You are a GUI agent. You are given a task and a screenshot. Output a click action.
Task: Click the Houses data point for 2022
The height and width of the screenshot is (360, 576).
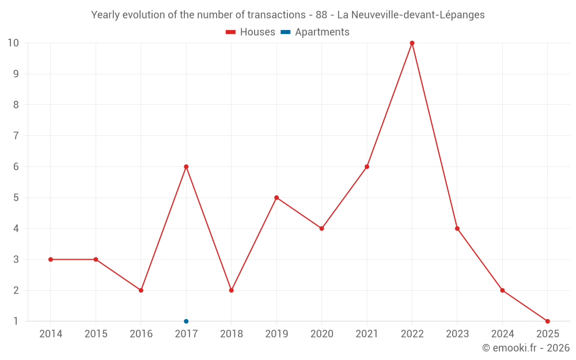click(412, 43)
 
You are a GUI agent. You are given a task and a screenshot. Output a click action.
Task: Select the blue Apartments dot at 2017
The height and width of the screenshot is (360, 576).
click(186, 321)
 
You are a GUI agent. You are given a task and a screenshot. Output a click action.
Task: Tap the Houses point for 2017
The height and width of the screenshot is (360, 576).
click(186, 166)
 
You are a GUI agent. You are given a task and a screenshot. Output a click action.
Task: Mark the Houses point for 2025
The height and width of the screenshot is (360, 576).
click(547, 321)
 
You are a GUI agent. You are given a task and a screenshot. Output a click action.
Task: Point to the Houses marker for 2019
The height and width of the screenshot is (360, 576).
click(276, 198)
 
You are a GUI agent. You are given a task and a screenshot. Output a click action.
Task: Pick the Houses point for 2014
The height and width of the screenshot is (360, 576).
click(51, 259)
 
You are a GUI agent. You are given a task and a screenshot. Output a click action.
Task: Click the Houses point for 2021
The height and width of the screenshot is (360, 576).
click(367, 166)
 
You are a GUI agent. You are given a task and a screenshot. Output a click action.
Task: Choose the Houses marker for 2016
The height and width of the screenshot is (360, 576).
click(141, 290)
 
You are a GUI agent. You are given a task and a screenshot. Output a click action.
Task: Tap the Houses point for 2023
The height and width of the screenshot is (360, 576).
click(457, 229)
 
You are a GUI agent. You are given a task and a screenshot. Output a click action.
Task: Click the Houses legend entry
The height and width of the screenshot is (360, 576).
click(251, 32)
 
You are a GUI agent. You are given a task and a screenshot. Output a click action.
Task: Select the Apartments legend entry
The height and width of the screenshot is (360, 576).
click(315, 32)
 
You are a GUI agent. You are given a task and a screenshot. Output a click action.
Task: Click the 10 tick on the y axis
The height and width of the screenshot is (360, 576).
click(13, 43)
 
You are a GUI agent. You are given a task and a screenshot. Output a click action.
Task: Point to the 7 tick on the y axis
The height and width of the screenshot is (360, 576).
click(16, 136)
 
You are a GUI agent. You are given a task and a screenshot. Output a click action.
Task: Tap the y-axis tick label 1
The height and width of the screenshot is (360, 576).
click(16, 321)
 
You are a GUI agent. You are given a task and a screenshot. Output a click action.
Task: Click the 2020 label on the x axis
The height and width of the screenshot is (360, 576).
click(322, 334)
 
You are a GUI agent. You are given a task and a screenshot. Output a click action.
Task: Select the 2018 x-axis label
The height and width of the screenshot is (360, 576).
click(232, 334)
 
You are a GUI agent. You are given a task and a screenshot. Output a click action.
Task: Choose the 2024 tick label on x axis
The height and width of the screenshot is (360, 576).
click(502, 334)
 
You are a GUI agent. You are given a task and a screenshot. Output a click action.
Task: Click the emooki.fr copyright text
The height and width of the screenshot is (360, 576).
click(526, 348)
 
